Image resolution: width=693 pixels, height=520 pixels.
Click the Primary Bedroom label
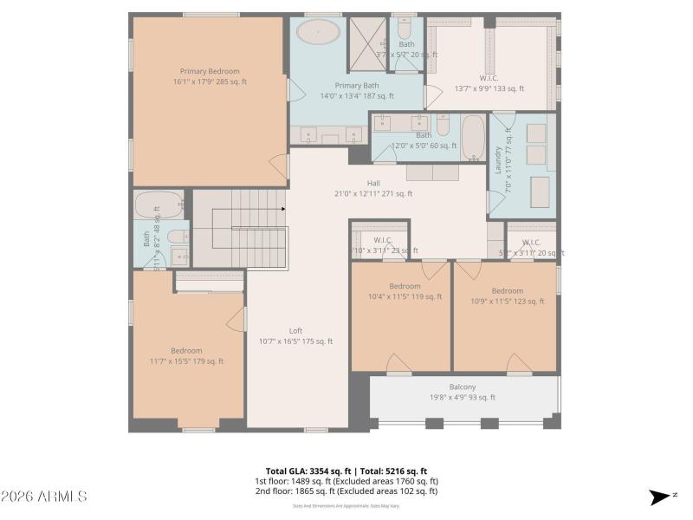pyautogui.click(x=210, y=72)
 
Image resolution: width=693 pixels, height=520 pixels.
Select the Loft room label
pyautogui.click(x=295, y=330)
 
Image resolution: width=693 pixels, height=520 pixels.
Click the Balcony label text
pyautogui.click(x=462, y=387)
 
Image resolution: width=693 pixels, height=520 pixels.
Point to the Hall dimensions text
pyautogui.click(x=373, y=193)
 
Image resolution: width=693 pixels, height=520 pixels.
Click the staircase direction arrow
pyautogui.click(x=282, y=209)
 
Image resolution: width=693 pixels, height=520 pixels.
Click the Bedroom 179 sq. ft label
pyautogui.click(x=186, y=351)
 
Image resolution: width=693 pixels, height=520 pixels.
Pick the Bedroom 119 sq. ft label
pyautogui.click(x=405, y=286)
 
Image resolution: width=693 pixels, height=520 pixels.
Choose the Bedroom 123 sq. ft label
pyautogui.click(x=507, y=290)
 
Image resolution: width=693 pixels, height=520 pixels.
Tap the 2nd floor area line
pyautogui.click(x=346, y=491)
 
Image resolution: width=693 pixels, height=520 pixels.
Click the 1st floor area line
pyautogui.click(x=346, y=481)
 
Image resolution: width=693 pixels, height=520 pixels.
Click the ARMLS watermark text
pyautogui.click(x=43, y=497)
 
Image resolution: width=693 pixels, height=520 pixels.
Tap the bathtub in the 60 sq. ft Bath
pyautogui.click(x=473, y=137)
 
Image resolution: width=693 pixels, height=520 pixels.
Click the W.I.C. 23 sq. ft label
pyautogui.click(x=384, y=240)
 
